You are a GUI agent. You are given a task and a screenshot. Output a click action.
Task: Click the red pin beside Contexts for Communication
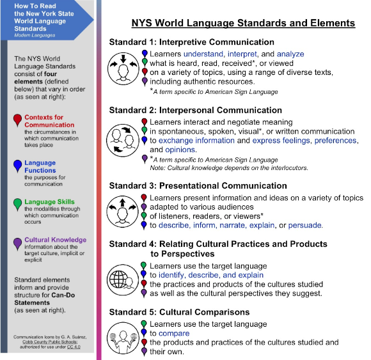click(17, 120)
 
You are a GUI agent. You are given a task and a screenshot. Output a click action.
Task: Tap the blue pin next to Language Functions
click(17, 166)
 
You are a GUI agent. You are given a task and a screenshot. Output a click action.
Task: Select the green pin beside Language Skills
click(17, 204)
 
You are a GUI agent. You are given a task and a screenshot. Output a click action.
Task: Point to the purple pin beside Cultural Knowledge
click(17, 244)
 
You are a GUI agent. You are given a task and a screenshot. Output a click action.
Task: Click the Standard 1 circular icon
click(123, 69)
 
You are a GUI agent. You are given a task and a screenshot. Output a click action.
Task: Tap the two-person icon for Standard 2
click(123, 140)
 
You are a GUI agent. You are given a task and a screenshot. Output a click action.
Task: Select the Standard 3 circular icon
click(122, 212)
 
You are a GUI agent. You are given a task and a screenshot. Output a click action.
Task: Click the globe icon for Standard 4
click(123, 280)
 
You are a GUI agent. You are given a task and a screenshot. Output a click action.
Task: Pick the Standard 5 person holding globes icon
click(123, 338)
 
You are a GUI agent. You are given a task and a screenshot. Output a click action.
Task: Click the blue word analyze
click(290, 54)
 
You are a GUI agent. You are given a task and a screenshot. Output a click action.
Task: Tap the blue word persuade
click(305, 225)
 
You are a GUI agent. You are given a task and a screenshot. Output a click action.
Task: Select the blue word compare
click(174, 334)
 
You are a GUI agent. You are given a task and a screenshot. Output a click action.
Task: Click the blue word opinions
click(180, 150)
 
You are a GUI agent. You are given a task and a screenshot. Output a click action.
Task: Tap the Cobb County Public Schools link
click(50, 342)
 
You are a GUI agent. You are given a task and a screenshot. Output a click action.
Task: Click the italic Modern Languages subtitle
click(35, 35)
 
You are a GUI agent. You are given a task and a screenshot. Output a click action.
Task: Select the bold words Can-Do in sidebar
click(63, 295)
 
